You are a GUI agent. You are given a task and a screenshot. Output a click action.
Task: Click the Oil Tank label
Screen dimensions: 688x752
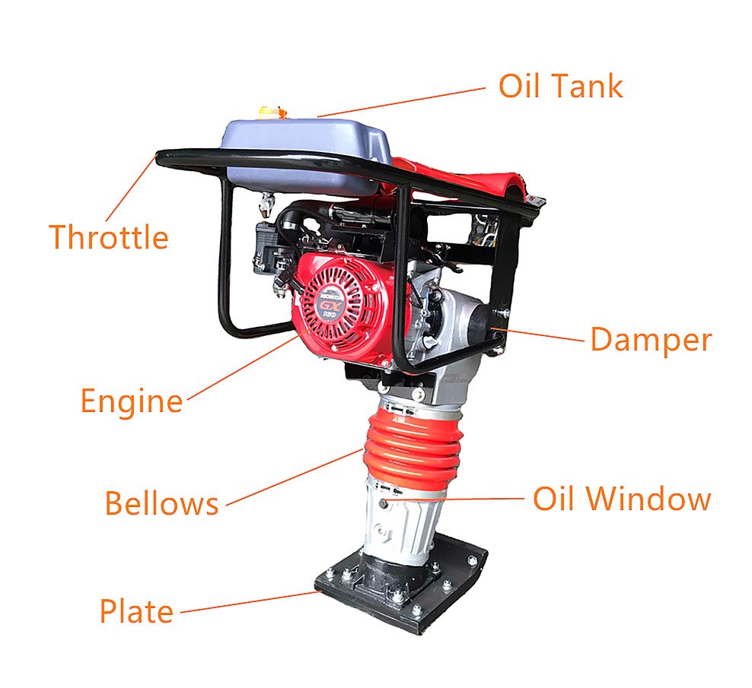(x=560, y=86)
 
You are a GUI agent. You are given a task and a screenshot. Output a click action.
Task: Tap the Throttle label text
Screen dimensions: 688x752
(x=108, y=237)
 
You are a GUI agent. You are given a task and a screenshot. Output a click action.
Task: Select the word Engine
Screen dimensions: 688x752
(x=132, y=401)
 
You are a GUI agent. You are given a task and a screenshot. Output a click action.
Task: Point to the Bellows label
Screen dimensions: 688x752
(x=161, y=503)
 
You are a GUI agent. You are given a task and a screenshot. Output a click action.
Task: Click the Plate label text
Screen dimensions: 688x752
(x=136, y=610)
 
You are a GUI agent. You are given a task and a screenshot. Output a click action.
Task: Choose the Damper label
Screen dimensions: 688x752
(x=651, y=340)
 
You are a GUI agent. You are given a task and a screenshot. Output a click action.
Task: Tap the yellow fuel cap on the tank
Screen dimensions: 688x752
(x=270, y=113)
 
